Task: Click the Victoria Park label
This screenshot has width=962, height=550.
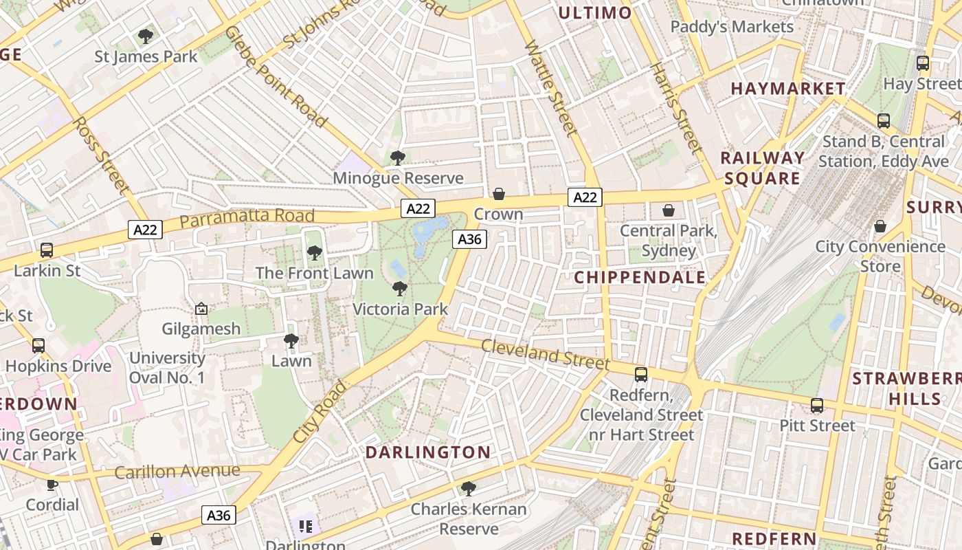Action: click(x=400, y=309)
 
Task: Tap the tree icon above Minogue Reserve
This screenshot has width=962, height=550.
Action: click(x=397, y=158)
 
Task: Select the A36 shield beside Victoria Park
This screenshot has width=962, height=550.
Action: click(x=469, y=239)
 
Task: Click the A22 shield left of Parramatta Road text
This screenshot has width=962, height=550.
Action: click(x=145, y=229)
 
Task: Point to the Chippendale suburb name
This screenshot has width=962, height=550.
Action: click(x=639, y=277)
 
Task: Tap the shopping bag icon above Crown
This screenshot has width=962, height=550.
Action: click(x=499, y=195)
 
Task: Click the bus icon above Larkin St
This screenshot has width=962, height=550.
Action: click(x=47, y=250)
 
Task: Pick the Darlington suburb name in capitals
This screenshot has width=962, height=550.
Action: click(x=427, y=452)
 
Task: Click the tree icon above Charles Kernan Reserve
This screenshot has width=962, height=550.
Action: click(x=469, y=489)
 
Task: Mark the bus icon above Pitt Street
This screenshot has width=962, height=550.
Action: click(x=816, y=406)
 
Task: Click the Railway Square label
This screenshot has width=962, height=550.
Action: click(x=762, y=168)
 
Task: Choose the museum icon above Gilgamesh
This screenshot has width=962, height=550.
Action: click(x=201, y=309)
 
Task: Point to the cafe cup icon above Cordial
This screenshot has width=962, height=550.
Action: click(x=52, y=485)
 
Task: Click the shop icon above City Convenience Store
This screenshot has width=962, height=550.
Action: click(x=880, y=226)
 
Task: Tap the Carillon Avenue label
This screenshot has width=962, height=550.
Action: click(x=177, y=472)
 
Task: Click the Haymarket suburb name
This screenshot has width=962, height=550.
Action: click(x=787, y=89)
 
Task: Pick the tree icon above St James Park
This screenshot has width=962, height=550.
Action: click(x=145, y=36)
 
